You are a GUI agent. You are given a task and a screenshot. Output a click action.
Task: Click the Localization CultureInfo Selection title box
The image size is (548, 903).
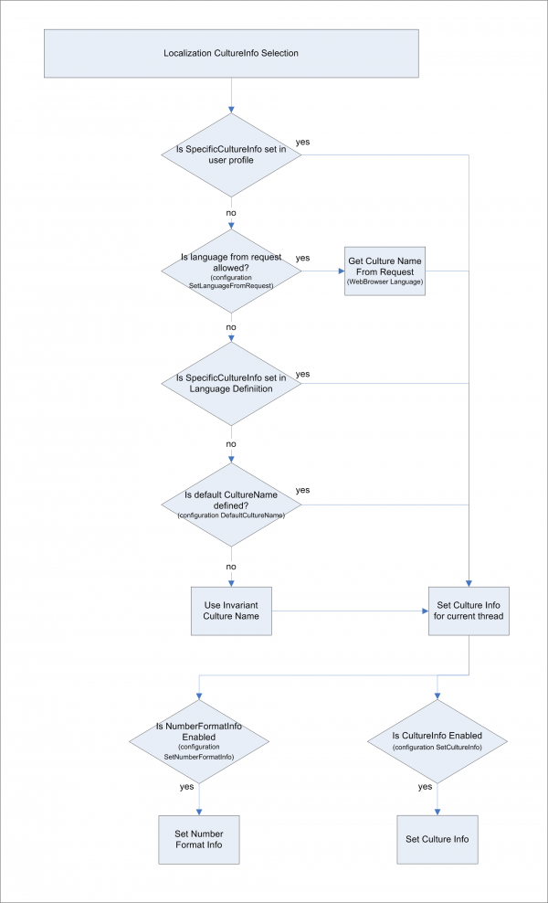(x=231, y=54)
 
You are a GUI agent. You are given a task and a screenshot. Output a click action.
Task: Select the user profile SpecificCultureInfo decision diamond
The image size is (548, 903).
(x=231, y=154)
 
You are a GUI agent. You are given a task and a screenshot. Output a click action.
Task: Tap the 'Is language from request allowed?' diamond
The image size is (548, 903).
(x=231, y=270)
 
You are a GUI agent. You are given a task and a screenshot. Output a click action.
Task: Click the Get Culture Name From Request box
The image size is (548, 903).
(x=385, y=271)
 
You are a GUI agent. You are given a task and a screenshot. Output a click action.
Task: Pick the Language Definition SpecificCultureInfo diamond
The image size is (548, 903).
(x=231, y=383)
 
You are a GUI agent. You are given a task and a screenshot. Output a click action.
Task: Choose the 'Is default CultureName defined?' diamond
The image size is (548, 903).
(x=231, y=505)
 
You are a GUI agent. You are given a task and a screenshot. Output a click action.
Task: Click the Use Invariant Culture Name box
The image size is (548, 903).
(x=231, y=610)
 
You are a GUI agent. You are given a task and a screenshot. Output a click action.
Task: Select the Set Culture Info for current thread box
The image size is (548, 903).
(x=469, y=610)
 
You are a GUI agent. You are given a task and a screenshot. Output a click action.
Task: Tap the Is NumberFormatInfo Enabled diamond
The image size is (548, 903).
(x=198, y=741)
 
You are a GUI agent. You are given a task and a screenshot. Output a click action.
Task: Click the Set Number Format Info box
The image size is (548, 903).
(x=198, y=839)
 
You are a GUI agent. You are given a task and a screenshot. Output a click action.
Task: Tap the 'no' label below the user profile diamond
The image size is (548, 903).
(x=231, y=212)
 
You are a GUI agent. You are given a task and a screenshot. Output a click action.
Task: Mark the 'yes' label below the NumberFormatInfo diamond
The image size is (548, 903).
(x=187, y=786)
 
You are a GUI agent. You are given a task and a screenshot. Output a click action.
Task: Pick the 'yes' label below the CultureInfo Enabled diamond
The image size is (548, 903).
(x=425, y=786)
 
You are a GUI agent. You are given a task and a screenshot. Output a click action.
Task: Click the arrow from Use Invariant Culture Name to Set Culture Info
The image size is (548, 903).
(x=352, y=611)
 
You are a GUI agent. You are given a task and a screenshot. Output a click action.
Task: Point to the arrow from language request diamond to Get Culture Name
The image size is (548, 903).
(x=322, y=271)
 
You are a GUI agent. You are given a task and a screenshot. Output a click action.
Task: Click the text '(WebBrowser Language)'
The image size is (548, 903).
(x=385, y=282)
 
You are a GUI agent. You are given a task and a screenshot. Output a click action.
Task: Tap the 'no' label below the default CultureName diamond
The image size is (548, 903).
(x=231, y=566)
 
